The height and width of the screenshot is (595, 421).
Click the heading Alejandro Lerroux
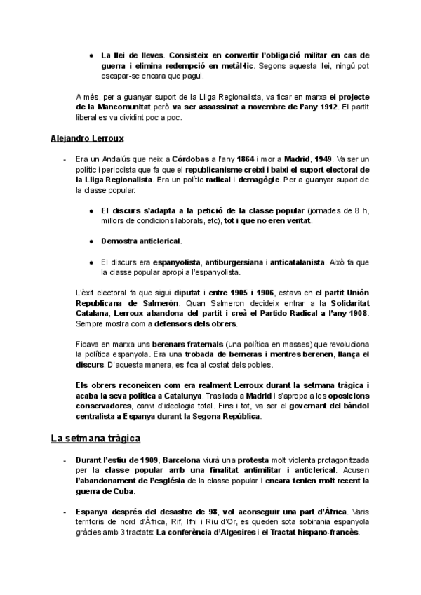(83, 140)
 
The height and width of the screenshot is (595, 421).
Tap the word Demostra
(119, 241)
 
